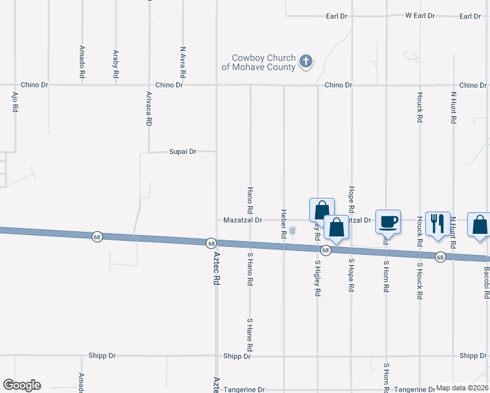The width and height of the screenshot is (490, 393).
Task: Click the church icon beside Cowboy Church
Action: pyautogui.click(x=305, y=62)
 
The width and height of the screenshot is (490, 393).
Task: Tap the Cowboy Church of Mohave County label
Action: pyautogui.click(x=259, y=62)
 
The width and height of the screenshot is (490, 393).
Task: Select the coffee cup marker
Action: pyautogui.click(x=388, y=221)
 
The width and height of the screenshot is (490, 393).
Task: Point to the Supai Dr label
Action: pyautogui.click(x=183, y=151)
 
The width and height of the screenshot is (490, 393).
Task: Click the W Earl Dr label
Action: pyautogui.click(x=420, y=15)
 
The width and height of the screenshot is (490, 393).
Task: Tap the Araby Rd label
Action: pyautogui.click(x=116, y=64)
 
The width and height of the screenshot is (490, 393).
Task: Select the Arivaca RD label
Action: pyautogui.click(x=149, y=108)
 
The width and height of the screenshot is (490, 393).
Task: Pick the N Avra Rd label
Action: pyautogui.click(x=183, y=58)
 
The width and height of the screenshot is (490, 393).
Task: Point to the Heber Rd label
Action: pyautogui.click(x=284, y=223)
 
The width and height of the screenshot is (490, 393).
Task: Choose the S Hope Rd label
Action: pyautogui.click(x=352, y=274)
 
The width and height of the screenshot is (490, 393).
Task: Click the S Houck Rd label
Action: pyautogui.click(x=419, y=280)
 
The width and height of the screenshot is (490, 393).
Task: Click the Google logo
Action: pyautogui.click(x=22, y=385)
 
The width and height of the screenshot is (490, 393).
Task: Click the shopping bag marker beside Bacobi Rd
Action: pyautogui.click(x=480, y=224)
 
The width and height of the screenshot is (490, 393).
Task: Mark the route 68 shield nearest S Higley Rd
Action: pyautogui.click(x=325, y=250)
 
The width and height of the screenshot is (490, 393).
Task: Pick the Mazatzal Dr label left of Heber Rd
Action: pyautogui.click(x=242, y=220)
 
